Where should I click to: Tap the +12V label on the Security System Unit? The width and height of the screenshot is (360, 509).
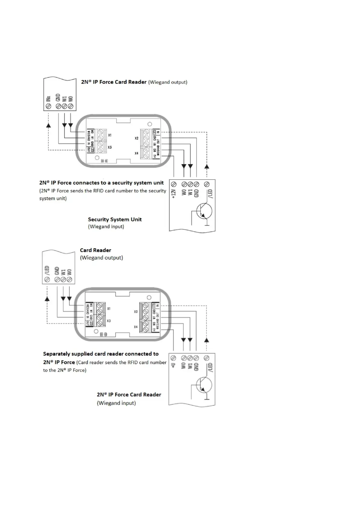[174, 193]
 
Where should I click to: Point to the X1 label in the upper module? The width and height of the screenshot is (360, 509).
[110, 135]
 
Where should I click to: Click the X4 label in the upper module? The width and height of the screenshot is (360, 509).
[136, 154]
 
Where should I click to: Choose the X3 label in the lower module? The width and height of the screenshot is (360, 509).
[109, 321]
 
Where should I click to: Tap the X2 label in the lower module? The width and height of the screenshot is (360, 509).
[136, 312]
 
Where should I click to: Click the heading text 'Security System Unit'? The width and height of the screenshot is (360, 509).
[115, 219]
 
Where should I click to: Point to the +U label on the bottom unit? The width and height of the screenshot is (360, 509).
[173, 365]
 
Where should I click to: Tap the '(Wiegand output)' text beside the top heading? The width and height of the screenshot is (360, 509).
[167, 82]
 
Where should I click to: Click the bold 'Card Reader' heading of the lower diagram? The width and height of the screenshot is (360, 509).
[96, 250]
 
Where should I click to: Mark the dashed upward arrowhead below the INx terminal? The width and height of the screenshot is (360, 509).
[48, 125]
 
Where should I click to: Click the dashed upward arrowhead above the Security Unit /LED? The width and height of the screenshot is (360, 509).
[207, 166]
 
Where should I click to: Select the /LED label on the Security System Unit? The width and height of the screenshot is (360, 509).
[210, 193]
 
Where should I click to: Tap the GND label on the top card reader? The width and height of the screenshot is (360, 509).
[58, 98]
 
